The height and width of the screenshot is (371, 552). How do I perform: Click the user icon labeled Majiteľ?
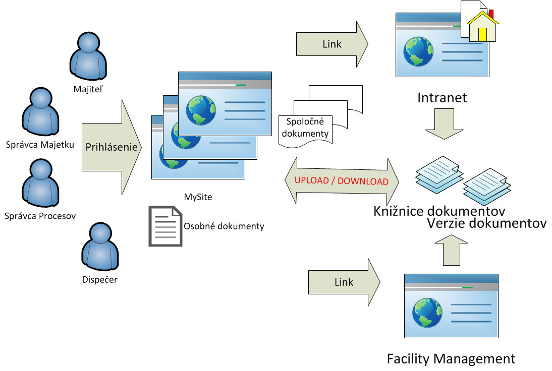click(x=88, y=56)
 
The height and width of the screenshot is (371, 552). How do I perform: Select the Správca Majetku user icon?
click(x=40, y=111)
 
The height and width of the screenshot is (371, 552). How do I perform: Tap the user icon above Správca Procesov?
click(x=40, y=183)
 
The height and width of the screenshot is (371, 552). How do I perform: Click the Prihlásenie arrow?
click(x=112, y=147)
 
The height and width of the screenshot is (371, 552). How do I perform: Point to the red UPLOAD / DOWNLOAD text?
click(x=342, y=181)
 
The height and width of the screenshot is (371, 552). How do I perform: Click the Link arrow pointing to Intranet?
click(x=332, y=44)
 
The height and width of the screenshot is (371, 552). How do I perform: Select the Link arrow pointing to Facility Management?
click(x=344, y=282)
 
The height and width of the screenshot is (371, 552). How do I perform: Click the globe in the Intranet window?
click(x=418, y=52)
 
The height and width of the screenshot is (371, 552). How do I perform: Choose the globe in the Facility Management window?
click(x=427, y=313)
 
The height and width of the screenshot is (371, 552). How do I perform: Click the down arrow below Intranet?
click(x=445, y=124)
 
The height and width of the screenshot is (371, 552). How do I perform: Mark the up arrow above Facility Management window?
click(x=451, y=250)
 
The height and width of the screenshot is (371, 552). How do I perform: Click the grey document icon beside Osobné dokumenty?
click(x=165, y=226)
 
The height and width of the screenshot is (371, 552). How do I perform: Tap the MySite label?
click(x=198, y=197)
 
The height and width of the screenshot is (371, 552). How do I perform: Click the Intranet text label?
click(x=442, y=98)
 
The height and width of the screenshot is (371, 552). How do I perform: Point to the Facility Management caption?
click(x=451, y=359)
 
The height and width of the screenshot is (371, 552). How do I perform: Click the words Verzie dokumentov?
click(x=487, y=223)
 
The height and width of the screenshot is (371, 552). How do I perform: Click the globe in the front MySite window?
click(x=201, y=110)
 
